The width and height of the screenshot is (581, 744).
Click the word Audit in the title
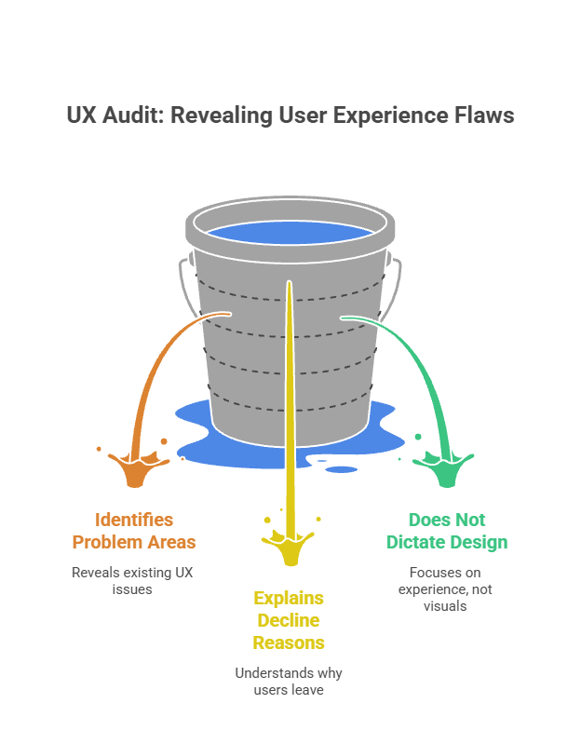(x=133, y=115)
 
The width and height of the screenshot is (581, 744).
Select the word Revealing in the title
(x=221, y=115)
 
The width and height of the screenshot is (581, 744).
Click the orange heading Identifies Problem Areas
(x=134, y=531)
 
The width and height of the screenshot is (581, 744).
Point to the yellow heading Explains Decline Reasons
(x=289, y=620)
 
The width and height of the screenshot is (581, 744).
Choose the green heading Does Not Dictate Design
(x=447, y=531)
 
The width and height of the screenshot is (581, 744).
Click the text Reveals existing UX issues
(x=132, y=581)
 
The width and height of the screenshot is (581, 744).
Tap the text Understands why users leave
(x=289, y=682)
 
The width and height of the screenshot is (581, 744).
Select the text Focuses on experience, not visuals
(x=445, y=589)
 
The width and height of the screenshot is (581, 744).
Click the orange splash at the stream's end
(x=135, y=468)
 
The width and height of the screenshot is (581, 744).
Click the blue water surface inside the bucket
(x=290, y=233)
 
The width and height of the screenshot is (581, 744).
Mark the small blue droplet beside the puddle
(x=342, y=469)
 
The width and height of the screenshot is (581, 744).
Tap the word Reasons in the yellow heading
(x=289, y=643)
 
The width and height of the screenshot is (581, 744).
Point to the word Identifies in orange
(x=134, y=520)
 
